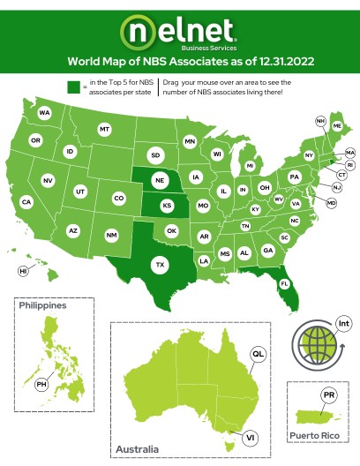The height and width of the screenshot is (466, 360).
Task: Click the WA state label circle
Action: coord(44,114)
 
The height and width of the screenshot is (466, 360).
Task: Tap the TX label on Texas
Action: coord(161,264)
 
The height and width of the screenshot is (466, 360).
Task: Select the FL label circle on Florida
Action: coord(284,283)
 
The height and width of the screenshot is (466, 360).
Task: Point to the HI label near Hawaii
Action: coord(24,272)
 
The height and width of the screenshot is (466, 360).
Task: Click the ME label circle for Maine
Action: coord(337,127)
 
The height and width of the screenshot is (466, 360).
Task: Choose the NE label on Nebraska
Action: coord(161,180)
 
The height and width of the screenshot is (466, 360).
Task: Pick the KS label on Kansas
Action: coord(166,206)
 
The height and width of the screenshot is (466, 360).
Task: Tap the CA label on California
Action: coord(26,202)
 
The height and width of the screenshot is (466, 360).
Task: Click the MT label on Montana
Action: coord(104,130)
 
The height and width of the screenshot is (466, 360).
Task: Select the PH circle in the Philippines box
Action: coord(41,385)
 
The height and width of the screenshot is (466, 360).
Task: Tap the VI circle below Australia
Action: coord(251,437)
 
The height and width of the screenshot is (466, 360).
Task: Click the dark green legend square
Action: coord(73,86)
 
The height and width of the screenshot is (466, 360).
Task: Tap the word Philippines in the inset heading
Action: coord(42,305)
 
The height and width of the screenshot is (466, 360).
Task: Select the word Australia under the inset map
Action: coord(138,449)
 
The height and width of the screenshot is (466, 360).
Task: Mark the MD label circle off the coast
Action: coord(332,203)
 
